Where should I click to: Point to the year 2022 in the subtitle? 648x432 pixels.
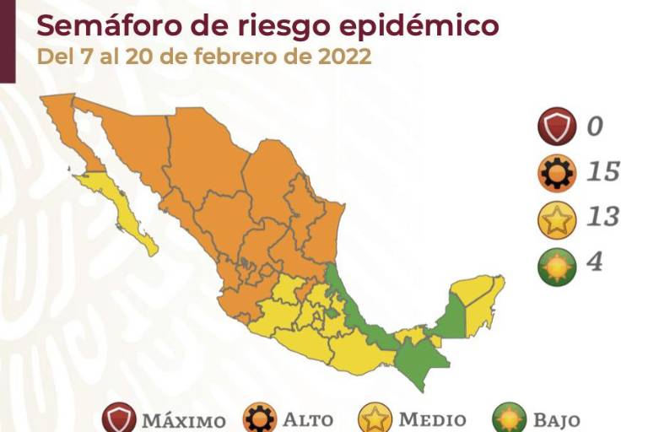340,58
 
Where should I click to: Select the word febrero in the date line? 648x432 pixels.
247,58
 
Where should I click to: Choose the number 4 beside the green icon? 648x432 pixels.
595,262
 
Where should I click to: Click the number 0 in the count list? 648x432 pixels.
596,127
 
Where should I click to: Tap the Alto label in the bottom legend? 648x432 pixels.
308,419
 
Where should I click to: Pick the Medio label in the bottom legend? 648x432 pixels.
432,419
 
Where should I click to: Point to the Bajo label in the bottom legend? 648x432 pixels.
555,419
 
